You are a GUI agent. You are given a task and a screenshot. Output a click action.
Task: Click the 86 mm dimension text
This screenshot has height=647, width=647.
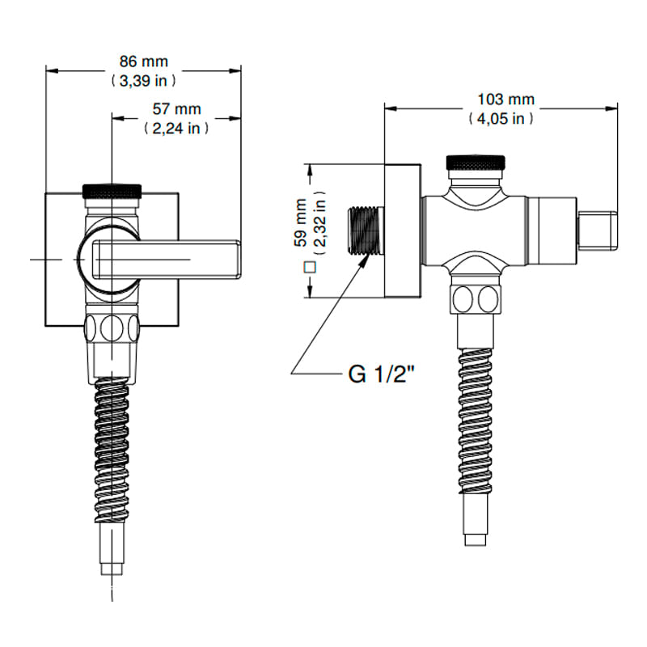(x=143, y=61)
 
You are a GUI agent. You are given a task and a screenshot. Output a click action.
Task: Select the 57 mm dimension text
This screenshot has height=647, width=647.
(x=177, y=108)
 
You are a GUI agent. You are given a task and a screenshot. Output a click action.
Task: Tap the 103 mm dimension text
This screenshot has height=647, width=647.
(x=501, y=99)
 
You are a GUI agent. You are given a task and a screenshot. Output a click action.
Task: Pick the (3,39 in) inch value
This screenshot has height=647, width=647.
(x=143, y=80)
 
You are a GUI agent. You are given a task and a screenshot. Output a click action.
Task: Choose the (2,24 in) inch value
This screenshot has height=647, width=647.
(x=177, y=128)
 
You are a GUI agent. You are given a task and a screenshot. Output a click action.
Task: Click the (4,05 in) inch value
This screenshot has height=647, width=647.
(x=501, y=118)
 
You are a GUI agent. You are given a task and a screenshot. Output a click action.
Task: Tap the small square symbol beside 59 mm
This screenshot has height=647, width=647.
(x=308, y=266)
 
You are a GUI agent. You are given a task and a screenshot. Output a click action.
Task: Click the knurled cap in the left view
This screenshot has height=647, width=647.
(x=112, y=191)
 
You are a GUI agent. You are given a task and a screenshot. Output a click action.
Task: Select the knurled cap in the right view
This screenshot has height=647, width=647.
(x=476, y=163)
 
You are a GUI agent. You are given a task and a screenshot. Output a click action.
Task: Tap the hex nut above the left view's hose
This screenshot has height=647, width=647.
(x=112, y=330)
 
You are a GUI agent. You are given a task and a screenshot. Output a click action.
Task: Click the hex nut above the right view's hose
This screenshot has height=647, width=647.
(x=476, y=298)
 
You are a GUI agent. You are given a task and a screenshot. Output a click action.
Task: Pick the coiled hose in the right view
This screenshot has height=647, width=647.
(x=476, y=421)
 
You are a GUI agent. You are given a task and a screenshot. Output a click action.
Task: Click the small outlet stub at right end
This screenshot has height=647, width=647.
(x=598, y=230)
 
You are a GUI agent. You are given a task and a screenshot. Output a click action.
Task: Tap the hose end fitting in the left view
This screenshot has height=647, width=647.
(x=112, y=554)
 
